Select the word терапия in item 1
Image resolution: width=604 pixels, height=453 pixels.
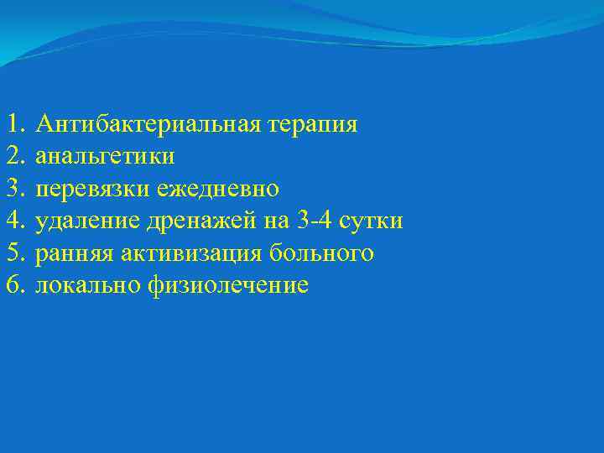point(313,125)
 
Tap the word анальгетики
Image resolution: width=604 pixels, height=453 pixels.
point(106,157)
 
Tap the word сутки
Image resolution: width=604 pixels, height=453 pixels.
point(374,221)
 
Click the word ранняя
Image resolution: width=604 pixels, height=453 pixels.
point(75,253)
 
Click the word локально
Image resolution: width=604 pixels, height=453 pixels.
point(89,285)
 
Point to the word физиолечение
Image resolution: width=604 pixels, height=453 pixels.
point(228,285)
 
